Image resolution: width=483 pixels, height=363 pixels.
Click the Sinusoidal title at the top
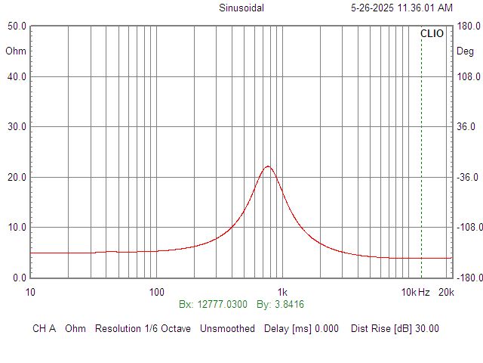coord(241,8)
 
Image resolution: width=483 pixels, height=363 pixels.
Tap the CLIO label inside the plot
coord(432,34)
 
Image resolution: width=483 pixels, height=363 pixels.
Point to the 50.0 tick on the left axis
coord(17,26)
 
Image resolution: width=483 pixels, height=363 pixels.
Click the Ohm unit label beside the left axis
coord(15,51)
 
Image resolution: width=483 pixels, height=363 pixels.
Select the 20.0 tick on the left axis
coord(17,177)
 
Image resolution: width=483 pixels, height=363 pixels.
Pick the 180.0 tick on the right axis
coord(468,26)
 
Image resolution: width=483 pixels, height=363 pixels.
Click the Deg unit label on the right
coord(466,51)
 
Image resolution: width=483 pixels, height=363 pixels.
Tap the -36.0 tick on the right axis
coord(468,177)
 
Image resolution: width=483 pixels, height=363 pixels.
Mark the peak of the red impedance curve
coord(267,166)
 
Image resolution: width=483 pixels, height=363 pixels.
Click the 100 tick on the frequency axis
coord(156,292)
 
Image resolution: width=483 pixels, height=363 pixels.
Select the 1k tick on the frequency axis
coord(282,292)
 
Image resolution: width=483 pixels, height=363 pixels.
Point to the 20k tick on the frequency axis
coord(446,292)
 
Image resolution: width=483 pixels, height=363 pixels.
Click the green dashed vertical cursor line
coord(421,151)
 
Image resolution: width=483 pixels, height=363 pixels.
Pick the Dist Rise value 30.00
coord(426,329)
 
